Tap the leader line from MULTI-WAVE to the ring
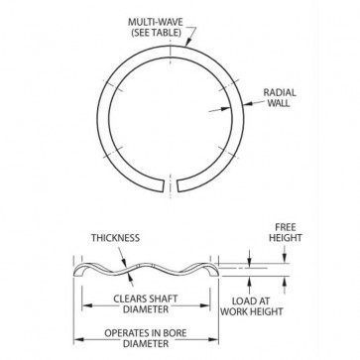coord(191,40)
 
